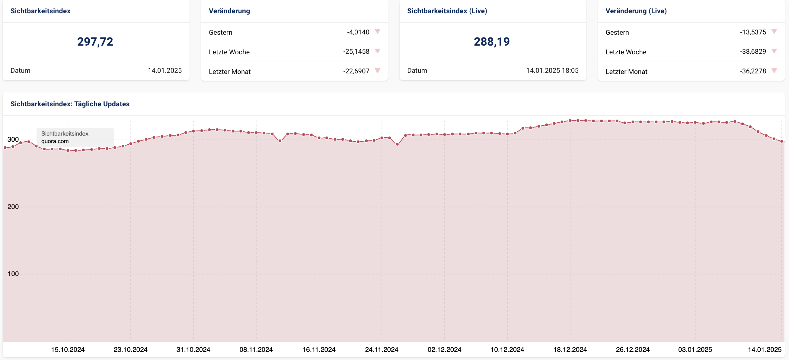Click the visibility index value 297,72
95,42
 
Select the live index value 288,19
492,42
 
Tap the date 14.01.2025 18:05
552,70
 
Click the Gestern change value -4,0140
358,32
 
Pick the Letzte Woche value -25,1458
356,51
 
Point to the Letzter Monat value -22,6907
356,71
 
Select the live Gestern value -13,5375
753,32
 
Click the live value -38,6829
753,51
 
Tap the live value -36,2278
753,71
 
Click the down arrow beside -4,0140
378,31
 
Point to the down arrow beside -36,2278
774,71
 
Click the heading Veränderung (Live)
636,11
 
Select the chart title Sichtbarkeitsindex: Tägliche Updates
70,104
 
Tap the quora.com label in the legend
55,141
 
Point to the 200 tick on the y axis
13,207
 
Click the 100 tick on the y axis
13,274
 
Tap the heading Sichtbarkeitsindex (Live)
447,11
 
